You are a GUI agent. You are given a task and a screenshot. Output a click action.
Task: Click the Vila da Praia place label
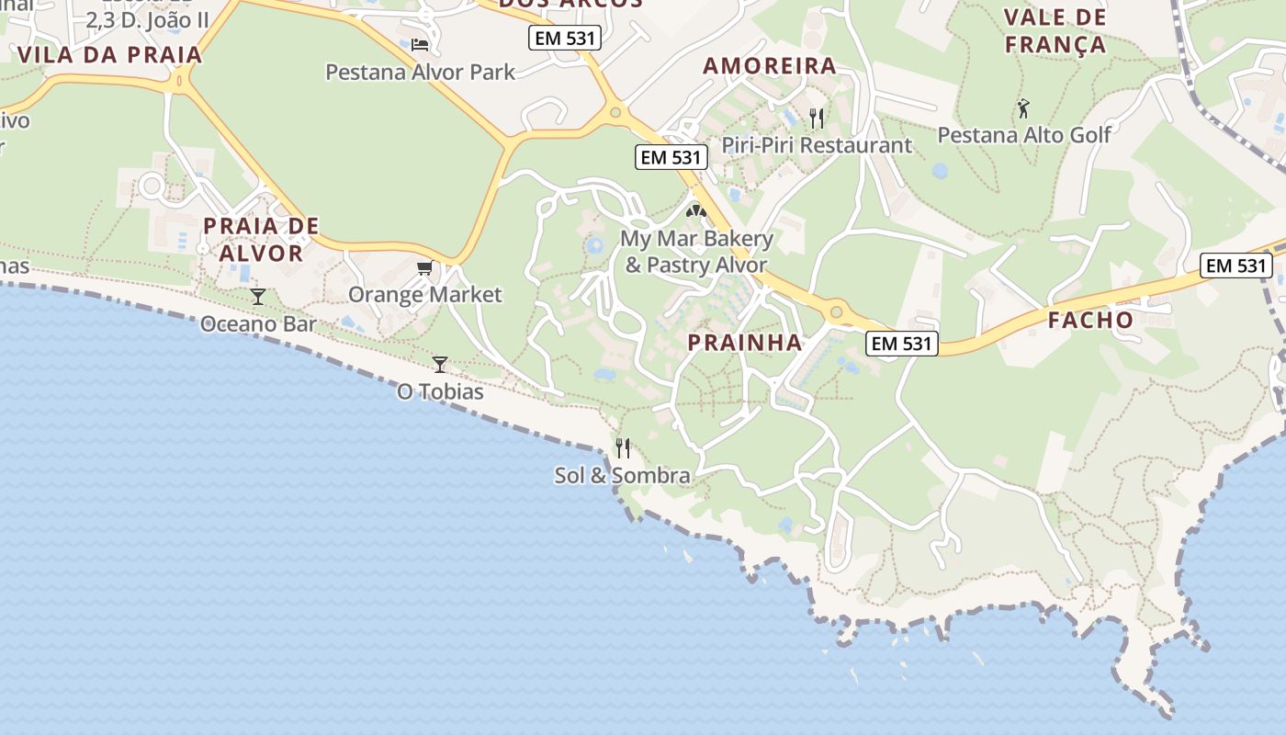pos(109,54)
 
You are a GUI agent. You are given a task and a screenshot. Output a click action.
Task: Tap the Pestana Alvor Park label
pos(421,72)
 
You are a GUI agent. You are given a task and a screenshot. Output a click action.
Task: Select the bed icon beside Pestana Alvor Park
pos(421,44)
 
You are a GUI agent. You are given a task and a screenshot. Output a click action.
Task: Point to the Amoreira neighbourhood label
pos(770,66)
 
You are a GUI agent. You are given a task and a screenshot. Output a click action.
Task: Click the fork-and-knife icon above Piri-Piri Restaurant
pos(816,118)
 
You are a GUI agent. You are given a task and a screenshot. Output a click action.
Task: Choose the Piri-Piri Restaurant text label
pos(817,145)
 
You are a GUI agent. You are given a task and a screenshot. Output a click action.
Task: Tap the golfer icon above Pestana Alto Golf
pos(1023,108)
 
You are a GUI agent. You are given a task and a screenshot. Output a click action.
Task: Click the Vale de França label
pos(1055,31)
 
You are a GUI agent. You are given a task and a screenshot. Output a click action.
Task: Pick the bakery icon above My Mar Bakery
pos(696,211)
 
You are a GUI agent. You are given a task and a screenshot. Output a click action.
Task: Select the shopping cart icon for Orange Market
pos(424,267)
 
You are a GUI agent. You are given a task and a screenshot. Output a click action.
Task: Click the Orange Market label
pos(424,295)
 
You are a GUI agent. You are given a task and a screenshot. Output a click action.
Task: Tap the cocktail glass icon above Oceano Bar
pos(258,296)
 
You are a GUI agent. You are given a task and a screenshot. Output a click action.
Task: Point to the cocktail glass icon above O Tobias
pos(440,364)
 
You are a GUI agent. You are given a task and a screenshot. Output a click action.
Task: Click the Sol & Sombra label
pos(622,476)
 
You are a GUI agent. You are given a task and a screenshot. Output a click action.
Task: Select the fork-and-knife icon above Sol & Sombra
pos(623,448)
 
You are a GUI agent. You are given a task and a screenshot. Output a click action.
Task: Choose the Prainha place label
pos(745,344)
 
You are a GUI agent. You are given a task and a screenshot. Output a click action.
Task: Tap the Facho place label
pos(1090,321)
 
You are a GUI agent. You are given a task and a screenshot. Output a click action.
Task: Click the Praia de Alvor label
pos(261,239)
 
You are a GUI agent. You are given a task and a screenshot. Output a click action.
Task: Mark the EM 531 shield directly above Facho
pos(1235,266)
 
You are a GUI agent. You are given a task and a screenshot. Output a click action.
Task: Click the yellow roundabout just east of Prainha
pos(836,312)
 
